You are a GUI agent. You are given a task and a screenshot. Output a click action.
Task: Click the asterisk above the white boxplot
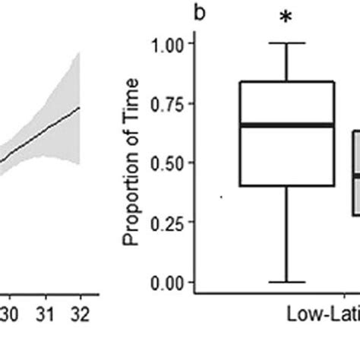286,17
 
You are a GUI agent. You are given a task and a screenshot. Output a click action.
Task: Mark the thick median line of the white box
287,125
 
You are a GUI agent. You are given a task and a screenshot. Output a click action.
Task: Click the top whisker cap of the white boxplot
287,43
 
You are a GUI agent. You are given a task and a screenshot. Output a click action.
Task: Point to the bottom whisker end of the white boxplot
287,282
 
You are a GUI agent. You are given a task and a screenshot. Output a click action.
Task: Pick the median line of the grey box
355,175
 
